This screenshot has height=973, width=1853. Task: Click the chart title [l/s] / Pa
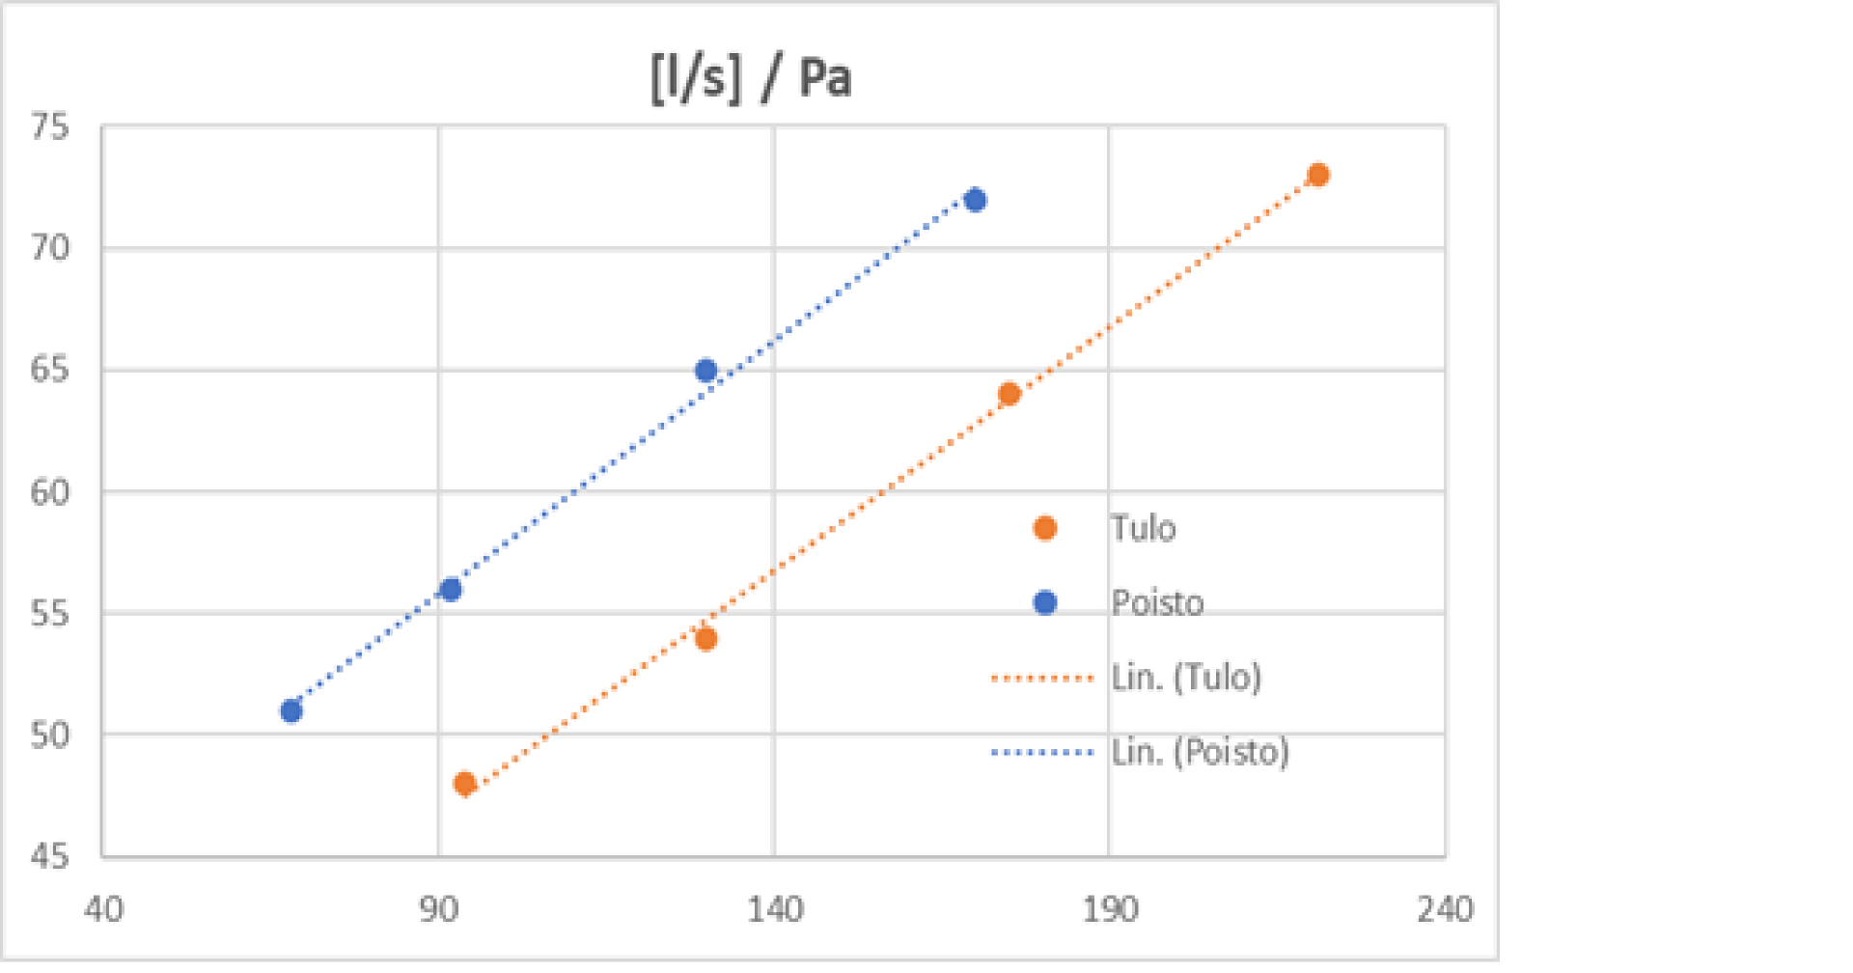tap(751, 77)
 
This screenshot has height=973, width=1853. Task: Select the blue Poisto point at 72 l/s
tap(975, 200)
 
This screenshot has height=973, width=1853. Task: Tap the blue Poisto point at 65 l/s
tap(705, 371)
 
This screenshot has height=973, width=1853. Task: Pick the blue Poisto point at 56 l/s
tap(451, 590)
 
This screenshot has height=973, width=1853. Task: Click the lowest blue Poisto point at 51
tap(291, 711)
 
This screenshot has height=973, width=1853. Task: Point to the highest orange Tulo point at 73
tap(1318, 175)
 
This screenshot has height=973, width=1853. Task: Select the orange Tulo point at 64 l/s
tap(1009, 394)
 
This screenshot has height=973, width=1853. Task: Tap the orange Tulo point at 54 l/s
tap(705, 639)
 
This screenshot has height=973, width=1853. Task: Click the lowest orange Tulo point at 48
tap(464, 784)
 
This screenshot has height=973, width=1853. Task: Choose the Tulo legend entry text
tap(1144, 529)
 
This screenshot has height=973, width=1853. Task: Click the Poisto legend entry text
tap(1157, 603)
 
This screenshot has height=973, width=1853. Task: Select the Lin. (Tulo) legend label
tap(1186, 678)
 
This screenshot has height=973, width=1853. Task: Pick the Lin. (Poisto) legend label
tap(1200, 752)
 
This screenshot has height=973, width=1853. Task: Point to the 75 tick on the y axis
tap(50, 126)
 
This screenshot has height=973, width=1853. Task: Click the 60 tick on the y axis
tap(50, 492)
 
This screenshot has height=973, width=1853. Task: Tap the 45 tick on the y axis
tap(50, 856)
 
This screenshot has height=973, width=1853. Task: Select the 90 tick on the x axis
tap(439, 909)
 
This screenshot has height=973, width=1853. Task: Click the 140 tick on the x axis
tap(775, 909)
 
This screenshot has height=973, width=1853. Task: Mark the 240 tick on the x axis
tap(1445, 909)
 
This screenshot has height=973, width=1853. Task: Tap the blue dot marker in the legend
tap(1045, 602)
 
